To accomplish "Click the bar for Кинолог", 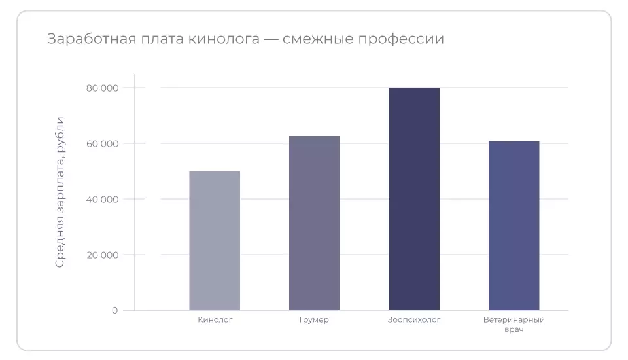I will click(x=215, y=241).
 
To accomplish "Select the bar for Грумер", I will click(x=314, y=223).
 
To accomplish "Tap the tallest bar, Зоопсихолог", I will click(x=414, y=199).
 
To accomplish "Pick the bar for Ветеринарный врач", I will click(x=514, y=226).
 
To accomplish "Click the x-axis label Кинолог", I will click(x=215, y=320).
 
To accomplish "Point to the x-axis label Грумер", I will click(x=314, y=320).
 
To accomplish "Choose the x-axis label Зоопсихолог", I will click(x=414, y=320).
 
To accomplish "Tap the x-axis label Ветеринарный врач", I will click(x=514, y=325).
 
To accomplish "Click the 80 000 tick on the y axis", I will click(x=102, y=88).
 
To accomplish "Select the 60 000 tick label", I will click(x=102, y=143).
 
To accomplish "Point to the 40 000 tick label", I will click(x=102, y=199).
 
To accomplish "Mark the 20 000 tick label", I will click(x=102, y=255).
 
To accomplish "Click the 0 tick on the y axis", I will click(x=114, y=310).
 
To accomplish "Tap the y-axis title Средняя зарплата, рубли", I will click(x=60, y=192).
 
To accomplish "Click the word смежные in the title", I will click(x=319, y=39).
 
